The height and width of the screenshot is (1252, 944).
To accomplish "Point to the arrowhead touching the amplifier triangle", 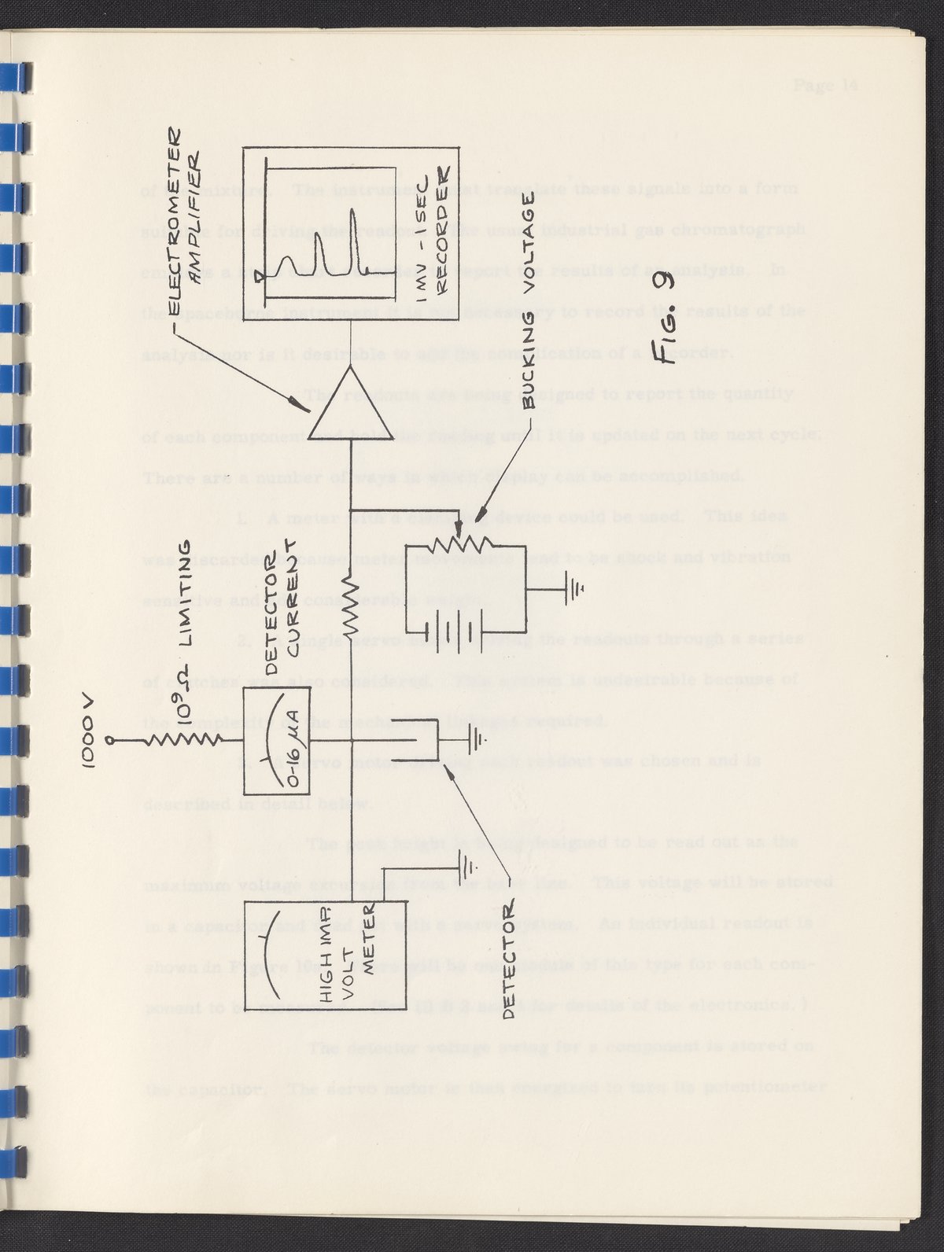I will pos(299,406).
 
